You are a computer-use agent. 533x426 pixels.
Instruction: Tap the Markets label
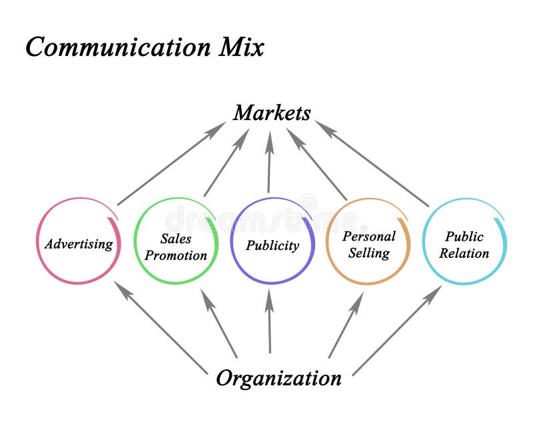(272, 113)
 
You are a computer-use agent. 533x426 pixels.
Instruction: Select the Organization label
(278, 378)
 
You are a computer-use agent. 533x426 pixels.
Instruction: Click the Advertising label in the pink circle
(79, 244)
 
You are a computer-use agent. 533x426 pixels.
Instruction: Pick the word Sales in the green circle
(176, 238)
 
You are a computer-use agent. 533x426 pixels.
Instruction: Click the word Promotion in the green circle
(176, 255)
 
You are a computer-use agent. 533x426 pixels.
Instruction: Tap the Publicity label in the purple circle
(272, 245)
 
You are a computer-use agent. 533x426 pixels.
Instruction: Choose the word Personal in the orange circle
(368, 236)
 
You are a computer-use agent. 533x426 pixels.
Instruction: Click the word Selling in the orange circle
(368, 253)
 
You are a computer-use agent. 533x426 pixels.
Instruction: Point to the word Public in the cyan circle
(464, 236)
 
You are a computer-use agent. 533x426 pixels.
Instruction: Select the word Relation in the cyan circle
(464, 253)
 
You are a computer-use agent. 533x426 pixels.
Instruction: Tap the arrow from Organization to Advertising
(160, 327)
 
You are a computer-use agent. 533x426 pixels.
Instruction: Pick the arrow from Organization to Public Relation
(397, 331)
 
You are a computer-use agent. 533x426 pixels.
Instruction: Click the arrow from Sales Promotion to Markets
(227, 163)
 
